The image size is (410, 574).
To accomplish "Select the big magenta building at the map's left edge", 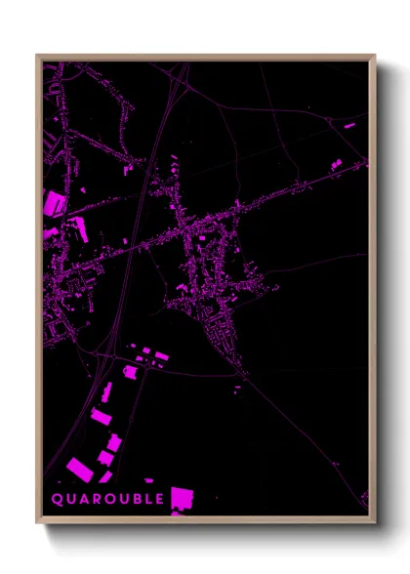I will point(52,204).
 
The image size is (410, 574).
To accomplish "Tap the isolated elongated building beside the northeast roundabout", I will point(348,126).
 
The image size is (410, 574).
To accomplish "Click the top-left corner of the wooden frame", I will point(37,56).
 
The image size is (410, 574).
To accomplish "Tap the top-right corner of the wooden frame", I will point(375,56).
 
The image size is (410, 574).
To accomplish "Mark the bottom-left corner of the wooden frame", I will point(37,523).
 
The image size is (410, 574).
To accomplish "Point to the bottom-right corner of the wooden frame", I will point(375,523).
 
